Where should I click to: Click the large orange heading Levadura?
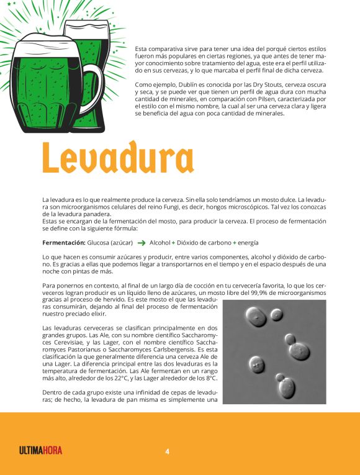click(117, 158)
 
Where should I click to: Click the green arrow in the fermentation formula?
click(142, 243)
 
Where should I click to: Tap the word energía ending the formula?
click(248, 243)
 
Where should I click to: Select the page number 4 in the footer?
click(167, 451)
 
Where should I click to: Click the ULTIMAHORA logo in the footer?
click(40, 451)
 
